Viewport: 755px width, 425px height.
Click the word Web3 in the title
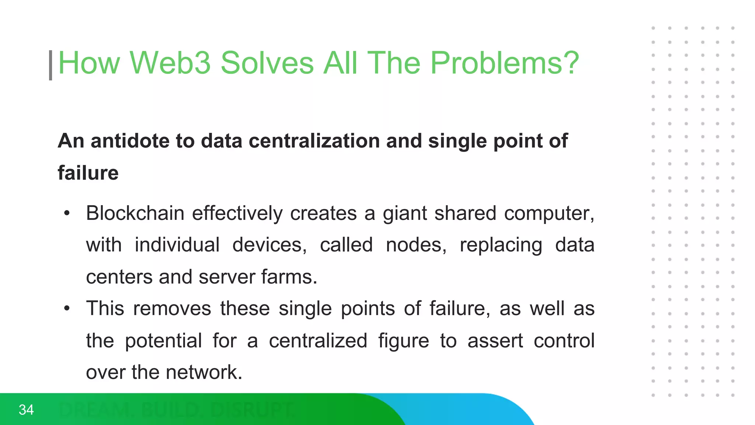pyautogui.click(x=170, y=63)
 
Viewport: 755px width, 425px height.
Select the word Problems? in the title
pyautogui.click(x=505, y=63)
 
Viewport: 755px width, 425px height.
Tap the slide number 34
pyautogui.click(x=26, y=410)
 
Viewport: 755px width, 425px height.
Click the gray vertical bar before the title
pyautogui.click(x=51, y=65)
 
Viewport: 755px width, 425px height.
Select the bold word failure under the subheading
pyautogui.click(x=88, y=173)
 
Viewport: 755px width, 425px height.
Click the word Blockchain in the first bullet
pyautogui.click(x=135, y=213)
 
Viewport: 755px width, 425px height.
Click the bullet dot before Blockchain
pyautogui.click(x=67, y=213)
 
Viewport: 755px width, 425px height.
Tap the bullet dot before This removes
pyautogui.click(x=67, y=308)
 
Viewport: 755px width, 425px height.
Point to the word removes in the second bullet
pyautogui.click(x=172, y=308)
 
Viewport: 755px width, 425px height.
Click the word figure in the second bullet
pyautogui.click(x=404, y=341)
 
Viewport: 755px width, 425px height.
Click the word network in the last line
pyautogui.click(x=203, y=372)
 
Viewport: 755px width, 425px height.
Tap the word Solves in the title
pyautogui.click(x=267, y=63)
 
